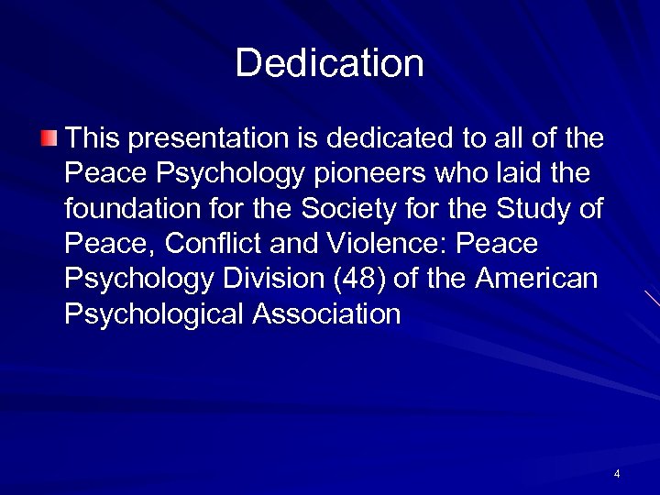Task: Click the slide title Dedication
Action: [x=329, y=63]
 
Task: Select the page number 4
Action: [x=617, y=474]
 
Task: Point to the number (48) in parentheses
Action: [x=370, y=279]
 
